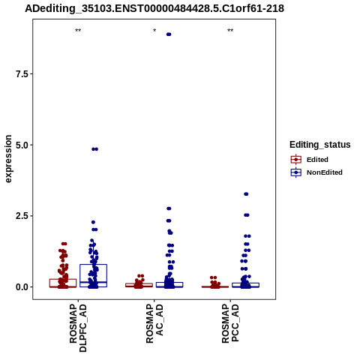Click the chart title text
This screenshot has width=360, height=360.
(x=154, y=8)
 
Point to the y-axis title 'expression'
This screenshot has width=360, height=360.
(x=8, y=159)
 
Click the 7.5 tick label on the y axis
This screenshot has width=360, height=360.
(x=21, y=74)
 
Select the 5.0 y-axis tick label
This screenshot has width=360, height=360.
(x=21, y=145)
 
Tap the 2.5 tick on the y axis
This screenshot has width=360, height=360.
(x=21, y=216)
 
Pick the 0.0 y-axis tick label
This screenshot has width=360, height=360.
(x=21, y=287)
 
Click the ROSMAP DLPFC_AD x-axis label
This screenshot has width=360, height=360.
(x=78, y=328)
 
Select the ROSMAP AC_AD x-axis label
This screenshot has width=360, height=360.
(x=154, y=323)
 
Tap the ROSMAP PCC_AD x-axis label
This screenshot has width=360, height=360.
(x=230, y=323)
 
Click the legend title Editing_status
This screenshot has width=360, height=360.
(x=320, y=145)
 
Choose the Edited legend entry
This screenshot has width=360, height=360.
(x=310, y=160)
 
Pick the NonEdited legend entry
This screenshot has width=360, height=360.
(x=316, y=172)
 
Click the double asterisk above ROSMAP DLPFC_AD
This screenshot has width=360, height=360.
(x=78, y=31)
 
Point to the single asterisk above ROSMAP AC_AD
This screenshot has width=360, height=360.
(x=154, y=31)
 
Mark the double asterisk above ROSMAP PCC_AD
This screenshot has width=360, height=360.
(x=230, y=31)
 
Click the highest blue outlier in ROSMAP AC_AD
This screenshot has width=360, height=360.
(x=169, y=34)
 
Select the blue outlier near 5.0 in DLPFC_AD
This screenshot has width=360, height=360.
(x=94, y=149)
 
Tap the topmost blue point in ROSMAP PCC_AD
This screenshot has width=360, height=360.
(x=246, y=194)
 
